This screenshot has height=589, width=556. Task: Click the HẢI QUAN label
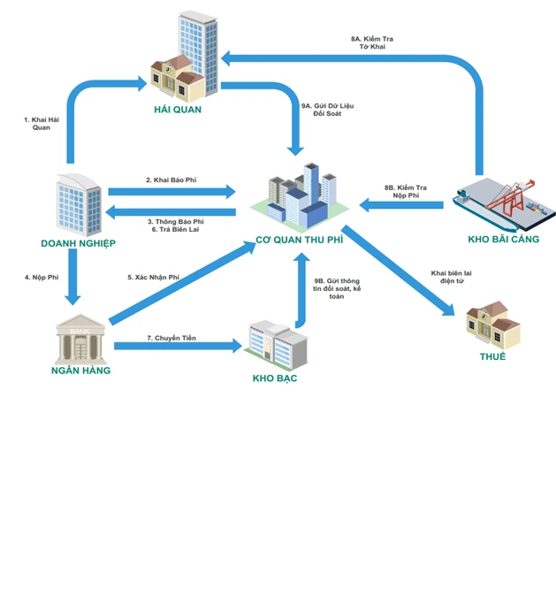(177, 110)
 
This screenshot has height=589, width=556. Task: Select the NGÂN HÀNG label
(80, 371)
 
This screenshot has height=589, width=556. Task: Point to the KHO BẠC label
(274, 379)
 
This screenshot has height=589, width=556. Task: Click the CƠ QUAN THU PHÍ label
(299, 239)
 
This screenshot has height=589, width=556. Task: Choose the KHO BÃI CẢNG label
(503, 239)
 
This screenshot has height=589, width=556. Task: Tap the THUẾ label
(492, 356)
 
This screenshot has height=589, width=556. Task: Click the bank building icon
(80, 337)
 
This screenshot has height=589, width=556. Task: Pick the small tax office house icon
(493, 325)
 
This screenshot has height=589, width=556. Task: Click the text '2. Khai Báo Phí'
(171, 180)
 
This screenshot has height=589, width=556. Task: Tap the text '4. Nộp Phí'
(41, 278)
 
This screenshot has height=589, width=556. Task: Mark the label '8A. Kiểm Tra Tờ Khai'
(372, 42)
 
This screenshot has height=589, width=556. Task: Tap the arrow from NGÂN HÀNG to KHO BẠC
(177, 347)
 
